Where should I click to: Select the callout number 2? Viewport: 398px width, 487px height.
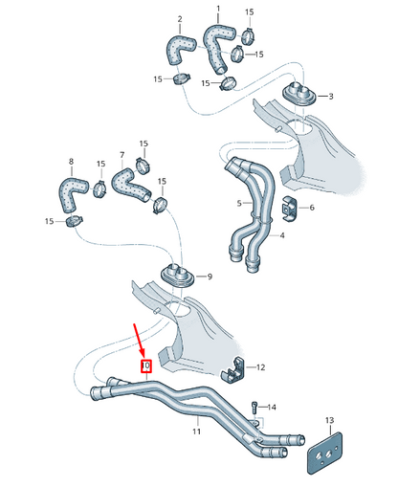coord(179,19)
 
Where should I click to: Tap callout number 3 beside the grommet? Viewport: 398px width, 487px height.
coord(331,97)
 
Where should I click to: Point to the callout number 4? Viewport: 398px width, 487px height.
coord(281,236)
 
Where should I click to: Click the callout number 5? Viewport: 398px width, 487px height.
coord(239,203)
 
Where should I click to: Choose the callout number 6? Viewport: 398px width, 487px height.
coord(310,207)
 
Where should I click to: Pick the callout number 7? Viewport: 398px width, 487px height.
coord(122,154)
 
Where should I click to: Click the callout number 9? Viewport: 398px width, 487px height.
coord(210,277)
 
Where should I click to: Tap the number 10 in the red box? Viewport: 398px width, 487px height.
coord(146,365)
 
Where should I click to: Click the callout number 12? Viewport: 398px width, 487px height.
coord(260,367)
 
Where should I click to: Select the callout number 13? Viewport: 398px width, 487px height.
coord(329,421)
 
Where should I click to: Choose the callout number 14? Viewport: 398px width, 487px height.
coord(271,407)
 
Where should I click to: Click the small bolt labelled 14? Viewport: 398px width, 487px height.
coord(254,409)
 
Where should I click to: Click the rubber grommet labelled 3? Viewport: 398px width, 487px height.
coord(302,97)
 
